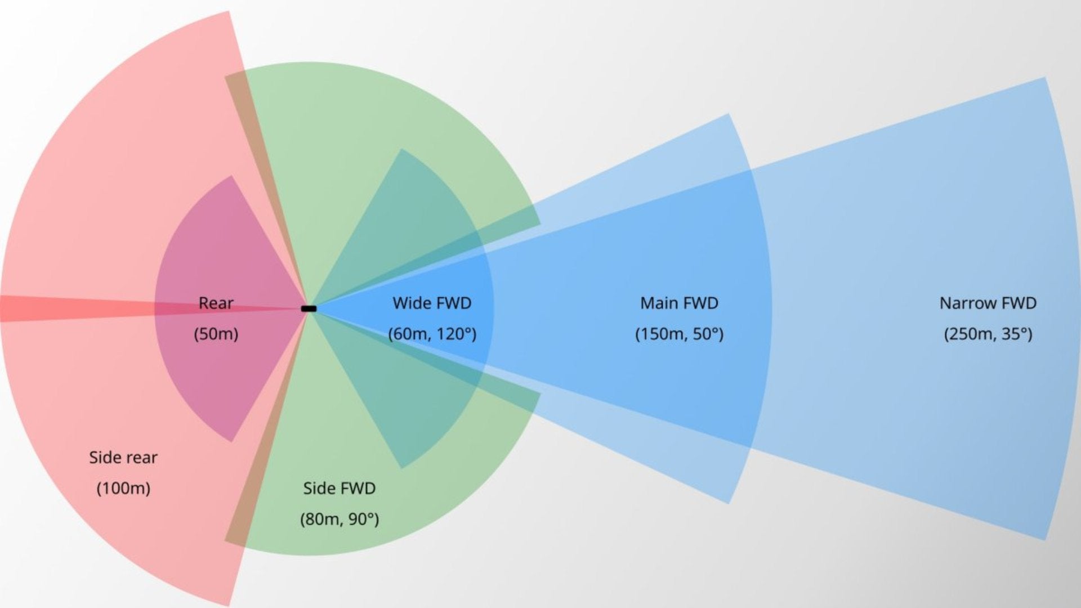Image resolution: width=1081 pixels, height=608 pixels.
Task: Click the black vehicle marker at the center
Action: tap(309, 309)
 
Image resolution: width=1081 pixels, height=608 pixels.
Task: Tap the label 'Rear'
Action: tap(216, 303)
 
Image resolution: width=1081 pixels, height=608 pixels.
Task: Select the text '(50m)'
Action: tap(216, 334)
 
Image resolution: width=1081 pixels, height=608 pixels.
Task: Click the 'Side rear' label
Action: tap(123, 457)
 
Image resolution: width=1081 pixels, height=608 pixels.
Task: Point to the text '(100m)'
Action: tap(123, 488)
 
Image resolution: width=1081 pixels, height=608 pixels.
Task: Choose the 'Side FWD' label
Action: tap(339, 488)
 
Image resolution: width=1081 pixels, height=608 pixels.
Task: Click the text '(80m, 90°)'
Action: tap(339, 519)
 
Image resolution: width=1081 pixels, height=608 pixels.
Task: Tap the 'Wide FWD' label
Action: tap(432, 303)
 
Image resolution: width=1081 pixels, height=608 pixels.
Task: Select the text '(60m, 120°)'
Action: tap(432, 334)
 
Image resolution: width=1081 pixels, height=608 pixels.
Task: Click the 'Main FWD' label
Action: tap(679, 303)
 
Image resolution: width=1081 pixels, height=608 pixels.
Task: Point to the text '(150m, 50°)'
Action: tap(679, 334)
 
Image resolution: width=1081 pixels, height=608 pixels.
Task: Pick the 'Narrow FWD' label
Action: tap(988, 303)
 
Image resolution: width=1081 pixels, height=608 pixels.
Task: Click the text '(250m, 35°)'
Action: tap(988, 334)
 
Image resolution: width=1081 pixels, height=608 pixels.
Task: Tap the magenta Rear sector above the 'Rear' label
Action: tap(225, 236)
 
